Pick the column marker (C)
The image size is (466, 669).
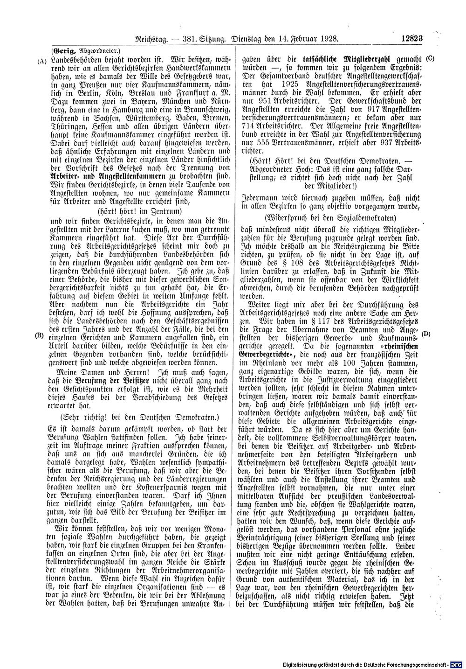point(429,60)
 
